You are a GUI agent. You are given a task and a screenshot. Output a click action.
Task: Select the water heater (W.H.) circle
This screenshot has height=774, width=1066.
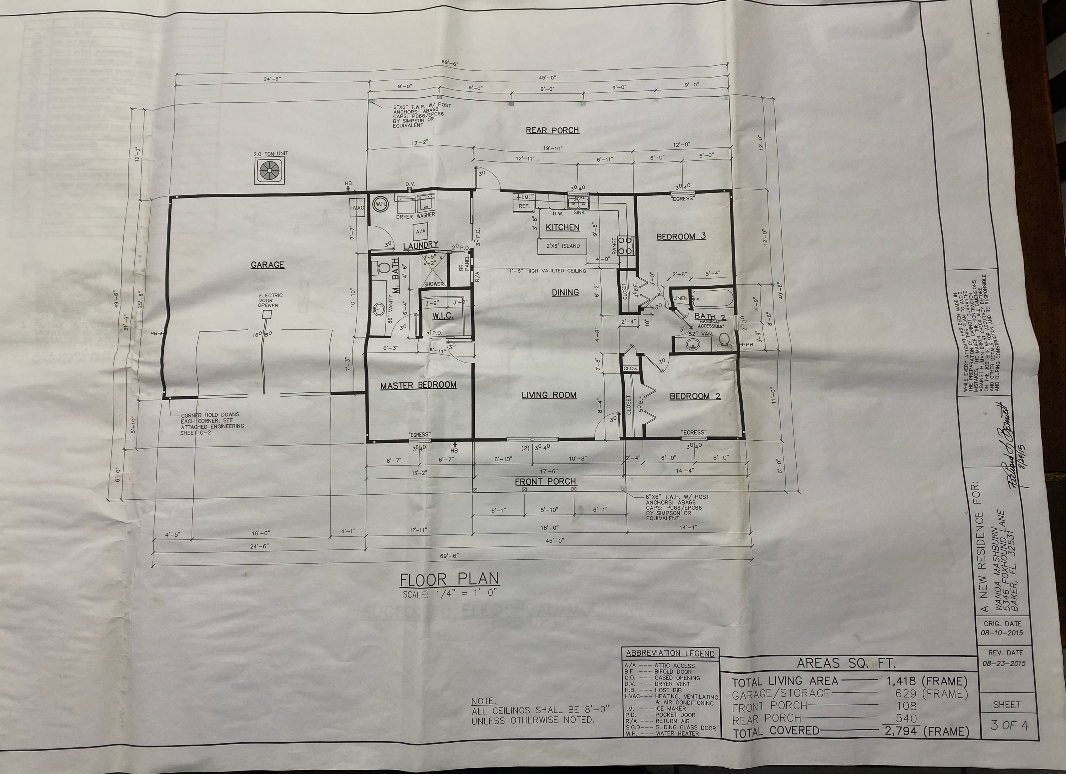coord(380,204)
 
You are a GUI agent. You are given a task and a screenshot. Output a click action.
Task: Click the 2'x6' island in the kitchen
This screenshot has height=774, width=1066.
coord(562,246)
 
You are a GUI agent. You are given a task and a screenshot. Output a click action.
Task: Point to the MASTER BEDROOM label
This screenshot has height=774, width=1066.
coord(418,385)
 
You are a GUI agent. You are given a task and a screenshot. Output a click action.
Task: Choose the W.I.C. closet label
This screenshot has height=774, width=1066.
coord(443,316)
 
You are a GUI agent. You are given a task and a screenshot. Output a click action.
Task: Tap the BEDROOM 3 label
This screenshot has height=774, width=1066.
coord(680,236)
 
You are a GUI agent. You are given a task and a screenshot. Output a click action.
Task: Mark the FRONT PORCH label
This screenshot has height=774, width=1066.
coord(545,482)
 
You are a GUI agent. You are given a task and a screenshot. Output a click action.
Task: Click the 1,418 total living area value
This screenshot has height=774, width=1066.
coord(901,681)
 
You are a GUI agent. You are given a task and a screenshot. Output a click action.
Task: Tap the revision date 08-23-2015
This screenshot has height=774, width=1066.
coord(1004,663)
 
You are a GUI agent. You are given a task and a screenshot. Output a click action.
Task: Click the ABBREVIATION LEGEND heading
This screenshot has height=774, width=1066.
coord(670,653)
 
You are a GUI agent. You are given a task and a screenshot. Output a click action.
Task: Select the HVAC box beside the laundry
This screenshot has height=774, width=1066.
coord(357,208)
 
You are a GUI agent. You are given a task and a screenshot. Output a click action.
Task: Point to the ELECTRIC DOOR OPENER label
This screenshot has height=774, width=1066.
coord(270,300)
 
